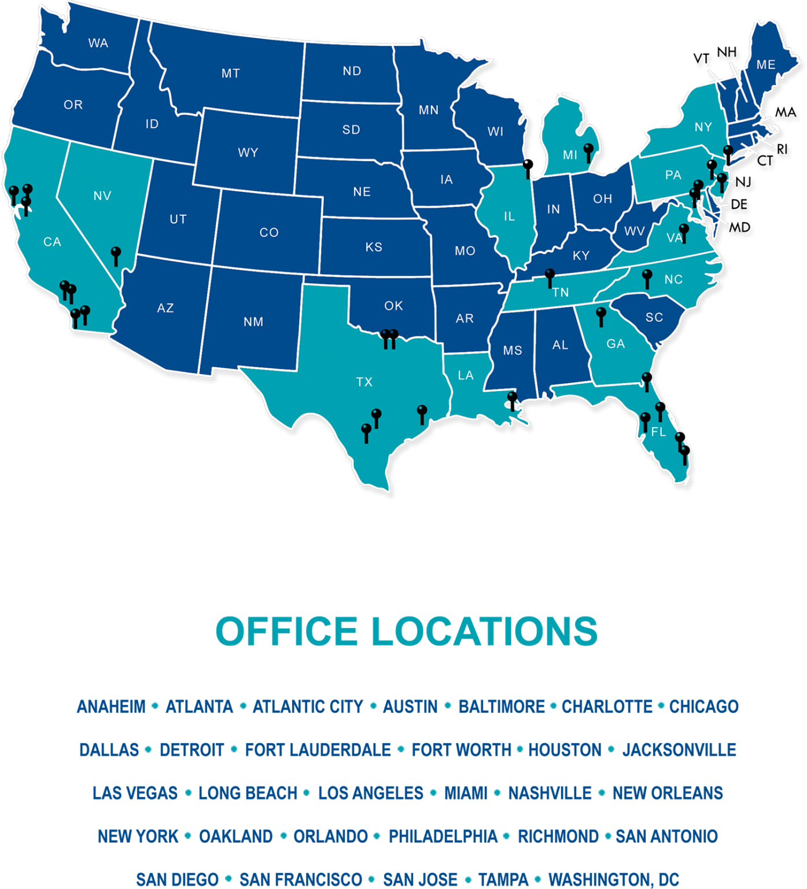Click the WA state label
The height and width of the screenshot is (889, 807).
[x=98, y=43]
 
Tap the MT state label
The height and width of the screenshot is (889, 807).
[x=230, y=74]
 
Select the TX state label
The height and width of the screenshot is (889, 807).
[x=364, y=382]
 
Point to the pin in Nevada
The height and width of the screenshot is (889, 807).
[x=116, y=253]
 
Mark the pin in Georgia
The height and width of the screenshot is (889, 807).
[x=601, y=314]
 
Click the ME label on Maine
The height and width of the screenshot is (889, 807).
[x=766, y=65]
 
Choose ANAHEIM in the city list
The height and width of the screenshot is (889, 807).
[x=111, y=707]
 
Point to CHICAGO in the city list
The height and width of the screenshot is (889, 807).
[x=703, y=707]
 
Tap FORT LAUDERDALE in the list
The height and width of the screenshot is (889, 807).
[x=318, y=750]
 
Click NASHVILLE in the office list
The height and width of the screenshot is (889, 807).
[x=550, y=793]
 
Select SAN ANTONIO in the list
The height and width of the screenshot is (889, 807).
[x=666, y=836]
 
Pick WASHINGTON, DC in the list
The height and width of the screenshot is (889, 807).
[x=613, y=880]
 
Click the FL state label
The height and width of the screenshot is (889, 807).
[x=658, y=432]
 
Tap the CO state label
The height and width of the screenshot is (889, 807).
[x=269, y=233]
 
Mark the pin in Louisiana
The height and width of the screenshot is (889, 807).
[x=512, y=398]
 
